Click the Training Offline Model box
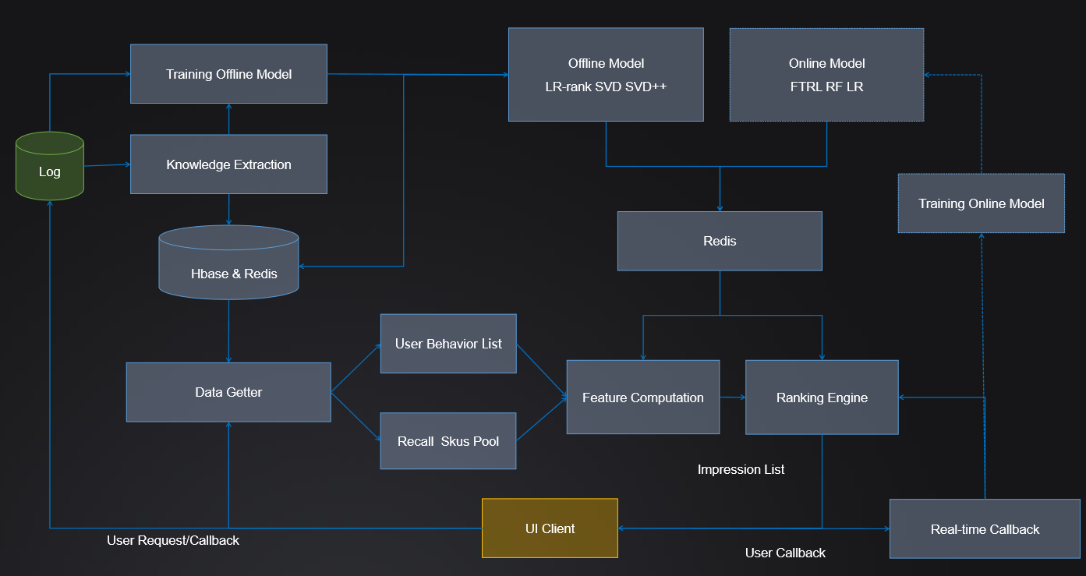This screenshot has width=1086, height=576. [x=228, y=74]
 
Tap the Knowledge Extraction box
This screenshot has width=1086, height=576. [x=228, y=164]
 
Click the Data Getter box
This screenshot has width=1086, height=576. [x=228, y=392]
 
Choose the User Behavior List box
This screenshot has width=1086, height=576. [x=448, y=344]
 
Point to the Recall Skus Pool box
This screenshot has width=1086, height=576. [x=448, y=441]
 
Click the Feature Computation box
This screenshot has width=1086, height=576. [x=643, y=398]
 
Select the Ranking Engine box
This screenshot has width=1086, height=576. [x=822, y=398]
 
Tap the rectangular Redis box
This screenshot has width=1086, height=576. [x=720, y=241]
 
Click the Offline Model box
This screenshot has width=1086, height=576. [x=606, y=75]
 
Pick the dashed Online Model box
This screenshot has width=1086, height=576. [x=826, y=75]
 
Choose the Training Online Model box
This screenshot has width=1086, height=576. [x=981, y=203]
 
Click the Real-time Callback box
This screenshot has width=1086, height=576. [x=985, y=529]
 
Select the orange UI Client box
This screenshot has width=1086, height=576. [x=550, y=528]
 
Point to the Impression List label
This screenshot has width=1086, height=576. [x=741, y=469]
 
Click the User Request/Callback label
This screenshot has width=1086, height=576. [x=173, y=540]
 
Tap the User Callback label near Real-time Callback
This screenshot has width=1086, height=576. [x=785, y=553]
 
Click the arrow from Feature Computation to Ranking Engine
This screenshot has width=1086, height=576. [x=732, y=398]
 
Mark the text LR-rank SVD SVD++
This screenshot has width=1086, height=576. [x=606, y=87]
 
